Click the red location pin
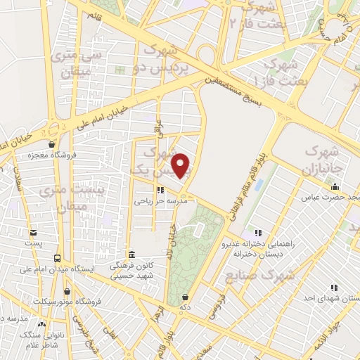(182, 165)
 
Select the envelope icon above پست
(32, 233)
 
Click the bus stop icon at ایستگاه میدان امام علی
(57, 257)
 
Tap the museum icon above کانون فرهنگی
(131, 254)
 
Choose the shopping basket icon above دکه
(184, 298)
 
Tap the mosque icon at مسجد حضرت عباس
(335, 186)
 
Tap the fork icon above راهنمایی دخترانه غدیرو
(258, 233)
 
